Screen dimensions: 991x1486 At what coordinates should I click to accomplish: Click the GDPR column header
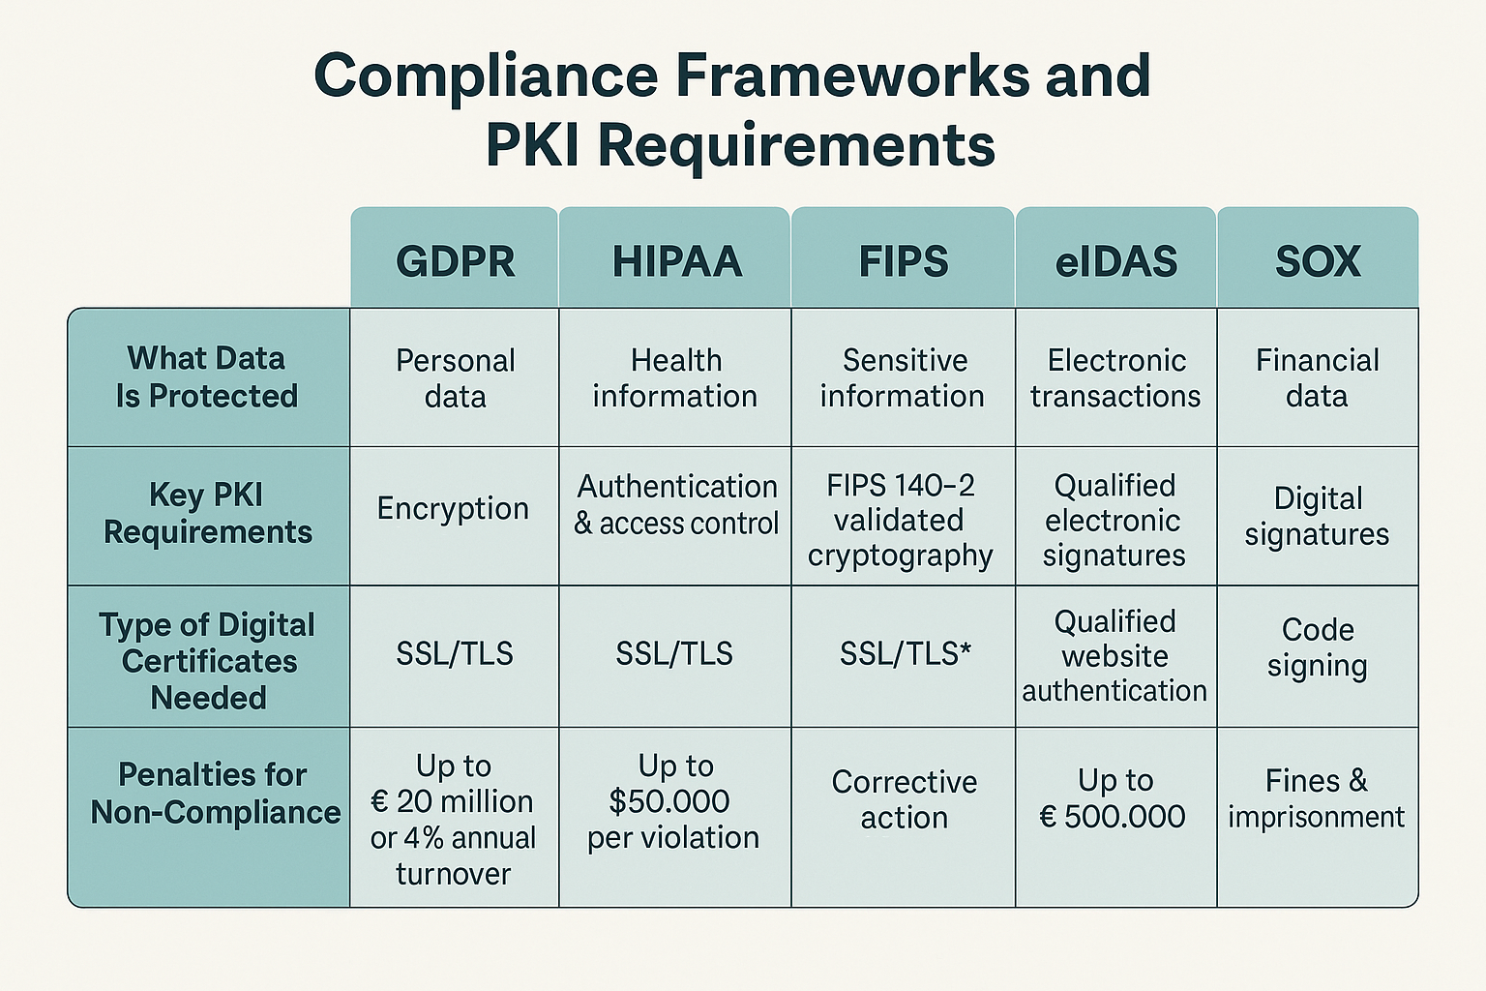(455, 261)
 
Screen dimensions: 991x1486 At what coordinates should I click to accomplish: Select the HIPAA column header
(676, 261)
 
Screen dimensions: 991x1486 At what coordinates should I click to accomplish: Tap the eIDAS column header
(1115, 261)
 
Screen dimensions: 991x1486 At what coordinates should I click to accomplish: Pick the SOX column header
(1318, 261)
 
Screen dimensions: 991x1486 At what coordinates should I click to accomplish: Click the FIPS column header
(904, 261)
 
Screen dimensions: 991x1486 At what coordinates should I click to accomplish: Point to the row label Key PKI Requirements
(208, 513)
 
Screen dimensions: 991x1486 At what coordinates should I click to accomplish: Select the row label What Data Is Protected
(207, 376)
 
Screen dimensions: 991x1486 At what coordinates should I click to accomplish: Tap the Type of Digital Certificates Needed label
(208, 661)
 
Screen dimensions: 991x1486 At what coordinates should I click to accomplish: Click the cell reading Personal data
(455, 377)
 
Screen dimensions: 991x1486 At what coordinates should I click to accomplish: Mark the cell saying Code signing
(1318, 646)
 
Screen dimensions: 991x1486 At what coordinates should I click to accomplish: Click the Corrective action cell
(904, 798)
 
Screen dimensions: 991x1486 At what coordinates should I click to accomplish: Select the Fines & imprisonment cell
(1317, 798)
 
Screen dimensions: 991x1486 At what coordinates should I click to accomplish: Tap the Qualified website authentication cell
(1114, 655)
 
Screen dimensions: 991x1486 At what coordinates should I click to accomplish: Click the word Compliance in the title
(486, 75)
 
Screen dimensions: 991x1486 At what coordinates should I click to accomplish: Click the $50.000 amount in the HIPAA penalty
(669, 801)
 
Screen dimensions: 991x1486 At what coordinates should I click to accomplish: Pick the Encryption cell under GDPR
(453, 508)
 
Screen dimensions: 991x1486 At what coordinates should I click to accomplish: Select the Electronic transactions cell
(1115, 377)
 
